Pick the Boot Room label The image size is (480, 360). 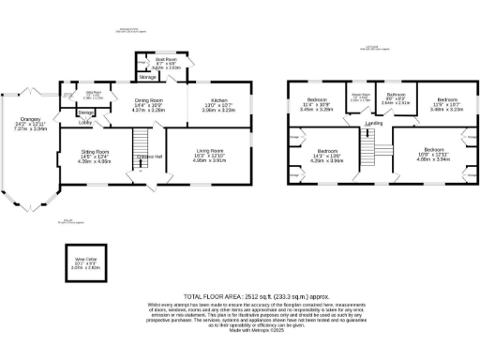coord(167,64)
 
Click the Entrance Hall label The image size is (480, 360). coord(149,156)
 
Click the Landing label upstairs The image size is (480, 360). coord(373,124)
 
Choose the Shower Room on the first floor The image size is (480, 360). coord(360,97)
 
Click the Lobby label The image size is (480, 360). coord(84,122)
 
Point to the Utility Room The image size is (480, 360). coord(94,94)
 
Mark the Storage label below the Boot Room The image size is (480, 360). coord(148,77)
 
